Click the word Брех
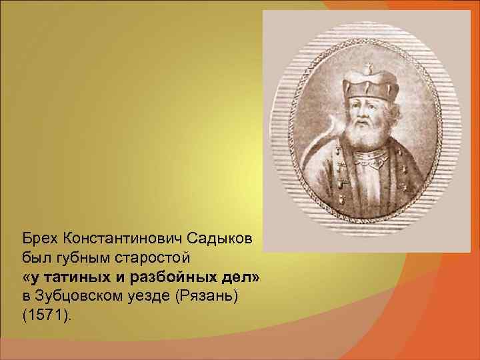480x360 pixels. click(39, 238)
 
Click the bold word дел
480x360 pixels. click(236, 276)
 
